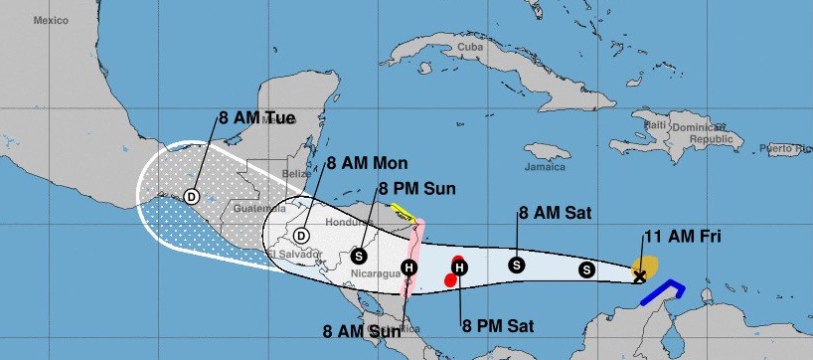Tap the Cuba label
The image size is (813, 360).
pyautogui.click(x=469, y=47)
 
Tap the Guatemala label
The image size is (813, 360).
pyautogui.click(x=260, y=209)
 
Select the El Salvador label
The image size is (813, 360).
pyautogui.click(x=294, y=255)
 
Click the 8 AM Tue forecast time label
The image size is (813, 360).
pyautogui.click(x=257, y=117)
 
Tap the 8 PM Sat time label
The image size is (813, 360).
pyautogui.click(x=488, y=323)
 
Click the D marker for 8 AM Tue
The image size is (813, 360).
pyautogui.click(x=191, y=196)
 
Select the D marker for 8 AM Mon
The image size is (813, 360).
pyautogui.click(x=302, y=235)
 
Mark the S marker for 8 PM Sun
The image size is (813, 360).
pyautogui.click(x=359, y=254)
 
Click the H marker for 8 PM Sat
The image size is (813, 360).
pyautogui.click(x=459, y=267)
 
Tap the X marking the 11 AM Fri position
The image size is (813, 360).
pyautogui.click(x=640, y=275)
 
